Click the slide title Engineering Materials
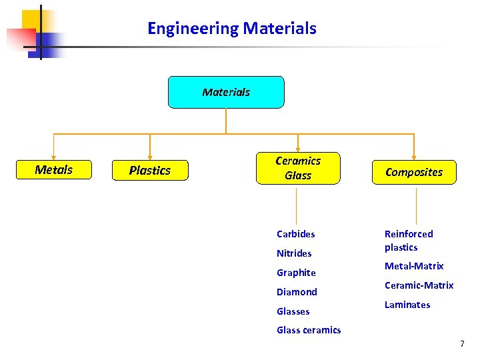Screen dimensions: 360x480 231,29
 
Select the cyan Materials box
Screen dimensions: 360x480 226,92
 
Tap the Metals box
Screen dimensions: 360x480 53,170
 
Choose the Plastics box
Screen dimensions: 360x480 150,171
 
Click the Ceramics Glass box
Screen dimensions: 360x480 298,168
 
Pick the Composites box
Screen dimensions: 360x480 414,172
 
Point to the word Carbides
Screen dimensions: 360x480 296,234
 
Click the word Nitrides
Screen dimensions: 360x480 294,253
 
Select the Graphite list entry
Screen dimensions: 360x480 296,273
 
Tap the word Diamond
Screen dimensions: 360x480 297,292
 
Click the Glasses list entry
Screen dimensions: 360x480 293,311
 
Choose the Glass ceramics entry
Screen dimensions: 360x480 309,330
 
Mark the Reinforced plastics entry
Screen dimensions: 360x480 409,241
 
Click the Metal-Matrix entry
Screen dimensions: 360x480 414,266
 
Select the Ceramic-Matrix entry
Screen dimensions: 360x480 419,285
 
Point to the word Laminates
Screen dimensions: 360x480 407,305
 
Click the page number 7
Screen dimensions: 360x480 462,344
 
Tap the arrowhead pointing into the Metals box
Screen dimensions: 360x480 53,157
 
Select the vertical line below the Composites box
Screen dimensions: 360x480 416,205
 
